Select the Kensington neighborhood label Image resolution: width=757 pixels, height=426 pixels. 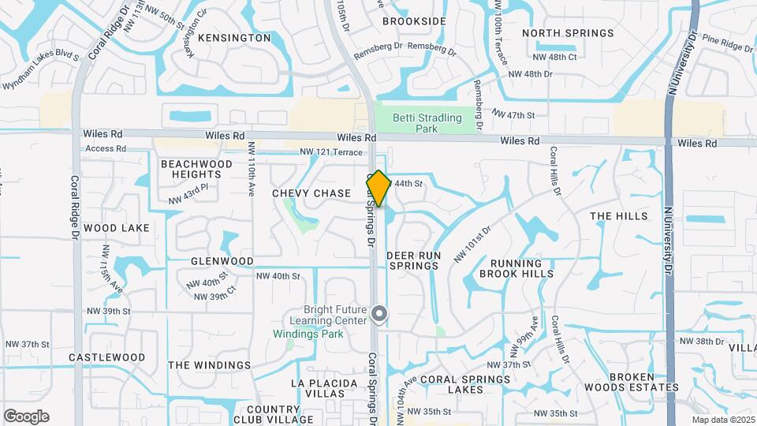pyautogui.click(x=234, y=38)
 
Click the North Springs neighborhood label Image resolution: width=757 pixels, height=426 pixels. pyautogui.click(x=568, y=33)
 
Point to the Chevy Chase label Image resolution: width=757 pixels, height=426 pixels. pyautogui.click(x=311, y=193)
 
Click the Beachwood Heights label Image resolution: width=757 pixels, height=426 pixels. pyautogui.click(x=196, y=169)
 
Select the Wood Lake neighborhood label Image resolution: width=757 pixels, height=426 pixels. pyautogui.click(x=117, y=228)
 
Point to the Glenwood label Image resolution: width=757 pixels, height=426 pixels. pyautogui.click(x=222, y=261)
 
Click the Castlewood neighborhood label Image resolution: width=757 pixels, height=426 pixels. pyautogui.click(x=106, y=357)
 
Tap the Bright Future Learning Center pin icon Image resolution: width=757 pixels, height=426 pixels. pyautogui.click(x=379, y=315)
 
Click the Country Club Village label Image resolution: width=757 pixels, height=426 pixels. pyautogui.click(x=273, y=415)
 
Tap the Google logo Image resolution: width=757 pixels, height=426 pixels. pyautogui.click(x=26, y=417)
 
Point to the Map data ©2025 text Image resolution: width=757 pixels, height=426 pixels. pyautogui.click(x=722, y=420)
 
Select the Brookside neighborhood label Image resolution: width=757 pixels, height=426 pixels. pyautogui.click(x=414, y=21)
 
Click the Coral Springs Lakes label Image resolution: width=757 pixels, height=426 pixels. pyautogui.click(x=465, y=384)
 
